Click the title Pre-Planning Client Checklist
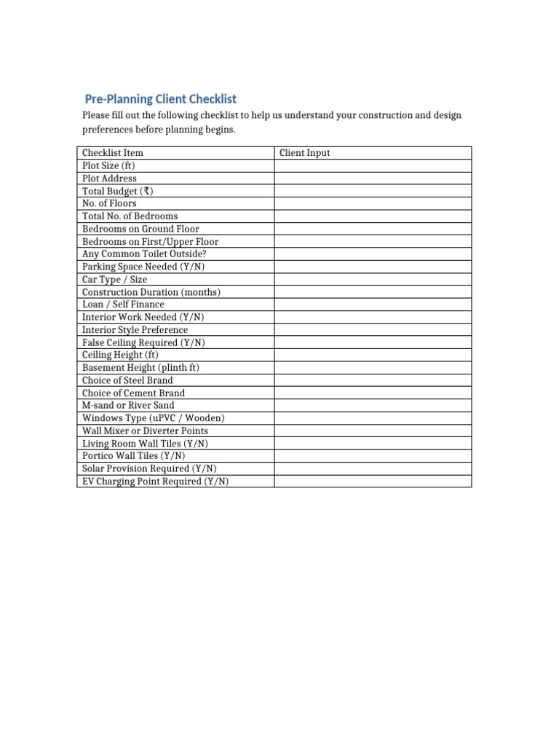click(161, 99)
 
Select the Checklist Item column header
click(113, 153)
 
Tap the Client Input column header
click(305, 153)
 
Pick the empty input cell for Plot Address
click(373, 178)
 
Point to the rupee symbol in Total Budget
click(148, 191)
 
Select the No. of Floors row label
click(109, 203)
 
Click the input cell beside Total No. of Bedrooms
click(373, 216)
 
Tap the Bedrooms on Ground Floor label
click(140, 229)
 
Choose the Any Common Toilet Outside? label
click(144, 254)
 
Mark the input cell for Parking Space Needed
click(373, 267)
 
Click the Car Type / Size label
click(114, 279)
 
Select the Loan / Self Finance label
click(123, 305)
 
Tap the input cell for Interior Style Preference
click(373, 330)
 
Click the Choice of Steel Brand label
click(127, 380)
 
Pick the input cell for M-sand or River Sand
click(373, 405)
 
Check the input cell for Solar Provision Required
click(373, 468)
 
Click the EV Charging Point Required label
click(155, 482)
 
